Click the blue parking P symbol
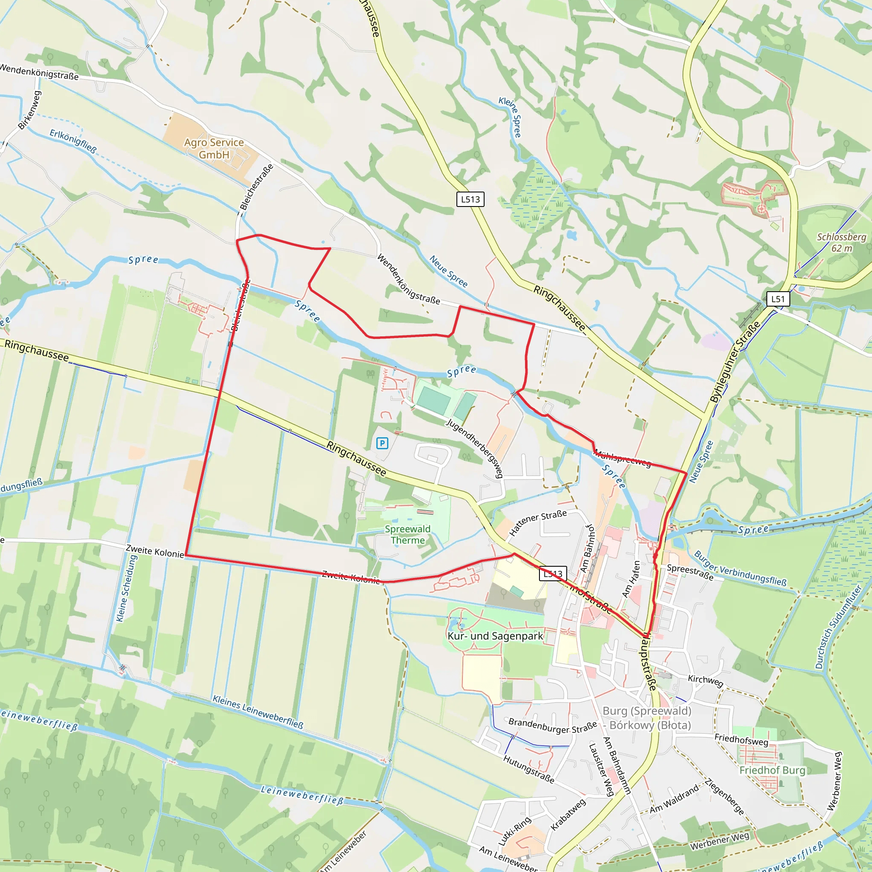tap(382, 443)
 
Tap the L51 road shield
tap(777, 299)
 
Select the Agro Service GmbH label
tap(214, 149)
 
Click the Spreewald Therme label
tap(407, 534)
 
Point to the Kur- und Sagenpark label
tap(495, 636)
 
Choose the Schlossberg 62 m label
tap(842, 242)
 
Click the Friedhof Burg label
tap(772, 770)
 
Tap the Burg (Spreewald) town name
tap(647, 711)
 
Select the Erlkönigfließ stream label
tap(73, 141)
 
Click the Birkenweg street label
tap(30, 110)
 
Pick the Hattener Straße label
tap(538, 523)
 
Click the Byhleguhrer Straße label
tap(735, 362)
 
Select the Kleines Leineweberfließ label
tap(258, 712)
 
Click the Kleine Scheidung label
tap(126, 588)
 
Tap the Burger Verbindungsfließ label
tap(740, 568)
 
